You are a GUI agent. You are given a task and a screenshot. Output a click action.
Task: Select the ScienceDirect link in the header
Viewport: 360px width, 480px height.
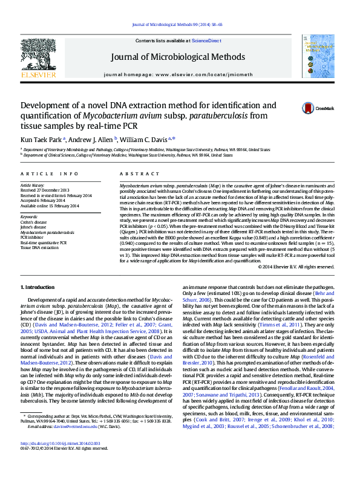tap(207, 40)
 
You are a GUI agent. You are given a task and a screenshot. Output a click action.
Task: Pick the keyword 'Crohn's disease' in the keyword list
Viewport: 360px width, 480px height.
tap(33, 222)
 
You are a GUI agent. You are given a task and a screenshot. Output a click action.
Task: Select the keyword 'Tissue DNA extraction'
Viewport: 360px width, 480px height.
tap(40, 247)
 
